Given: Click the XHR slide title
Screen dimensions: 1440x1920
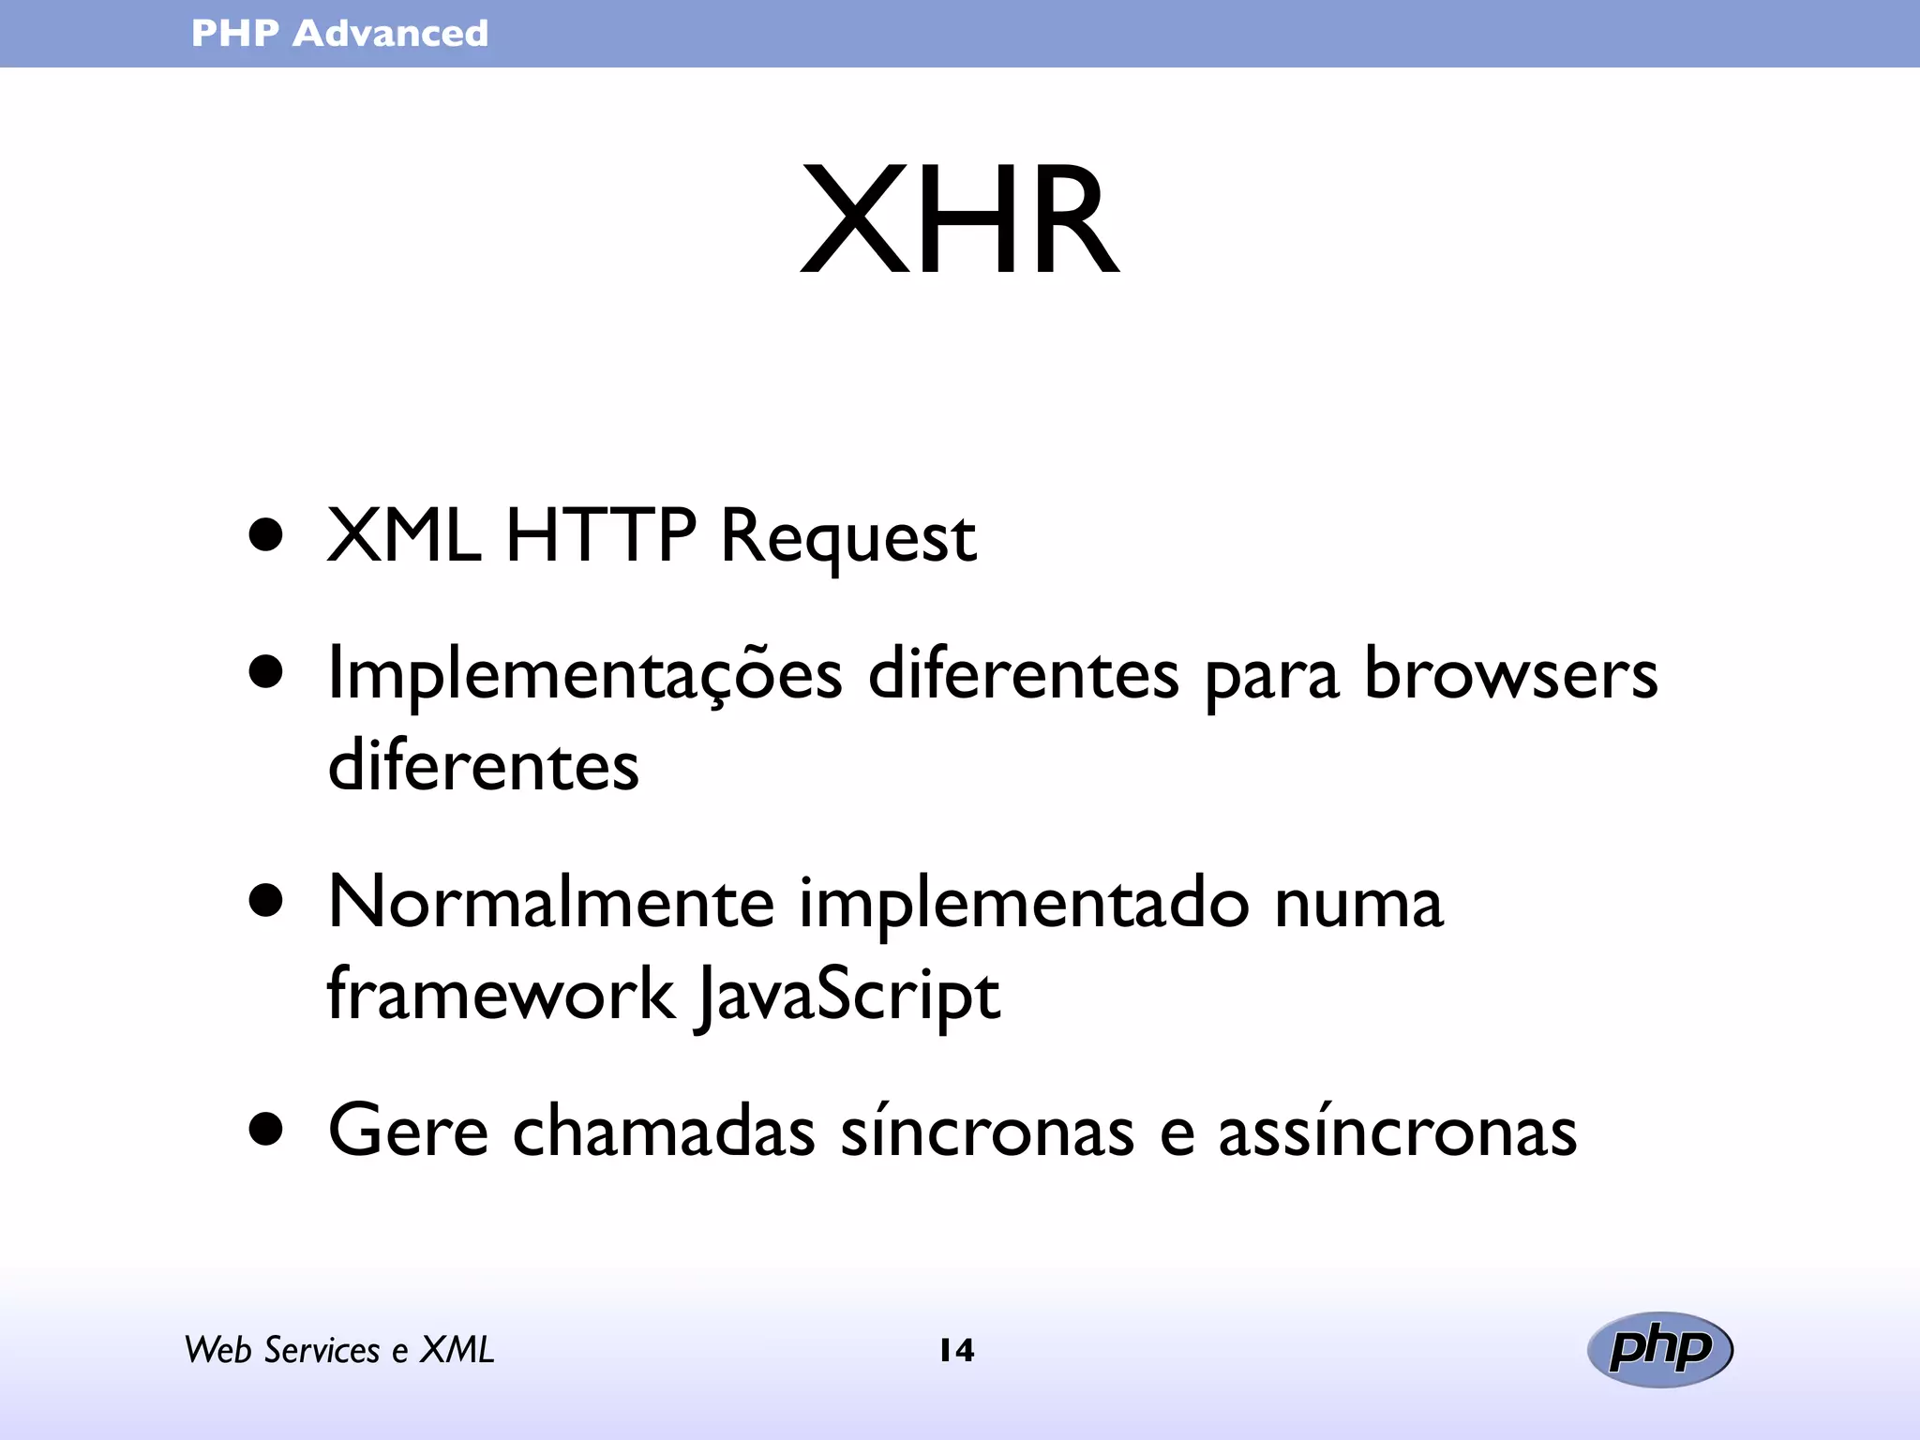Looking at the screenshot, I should click(959, 221).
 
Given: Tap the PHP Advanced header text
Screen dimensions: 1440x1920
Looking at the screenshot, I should click(339, 34).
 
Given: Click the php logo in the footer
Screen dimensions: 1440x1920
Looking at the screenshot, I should click(1659, 1349).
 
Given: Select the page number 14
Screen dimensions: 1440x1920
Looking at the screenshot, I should click(956, 1350).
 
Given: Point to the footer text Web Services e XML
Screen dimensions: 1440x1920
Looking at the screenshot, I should click(338, 1350).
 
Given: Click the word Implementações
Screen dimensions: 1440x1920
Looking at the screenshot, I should click(585, 675).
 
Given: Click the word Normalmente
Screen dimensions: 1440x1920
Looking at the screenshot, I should click(551, 902).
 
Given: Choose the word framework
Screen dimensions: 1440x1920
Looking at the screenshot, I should click(500, 994).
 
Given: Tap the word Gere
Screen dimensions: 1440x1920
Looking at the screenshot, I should click(408, 1131).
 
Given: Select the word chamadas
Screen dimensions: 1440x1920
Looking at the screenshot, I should click(664, 1131).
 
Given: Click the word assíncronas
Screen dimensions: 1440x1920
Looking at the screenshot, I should click(1397, 1131).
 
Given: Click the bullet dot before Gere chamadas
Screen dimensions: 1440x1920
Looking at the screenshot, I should click(266, 1130).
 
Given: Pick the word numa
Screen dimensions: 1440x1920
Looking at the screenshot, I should click(1358, 904).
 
